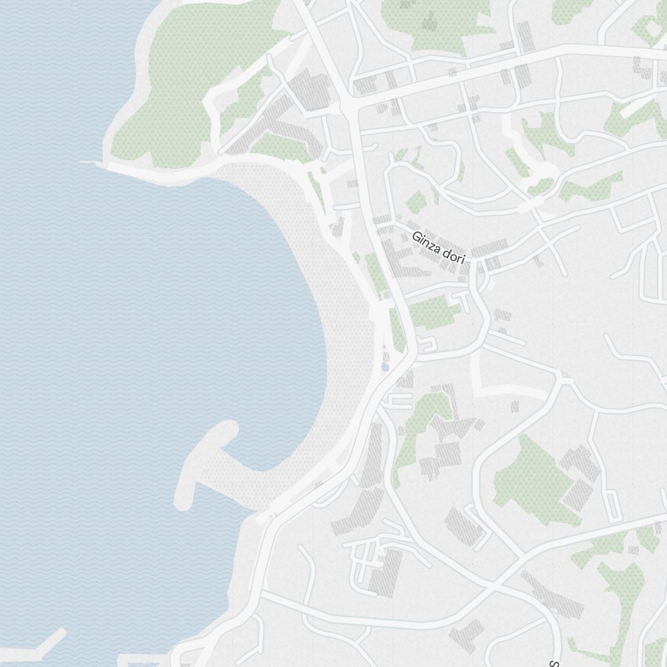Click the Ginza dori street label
(x=438, y=247)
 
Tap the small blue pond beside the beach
(x=385, y=367)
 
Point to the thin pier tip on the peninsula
(x=87, y=161)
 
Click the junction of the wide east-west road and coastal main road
(x=349, y=105)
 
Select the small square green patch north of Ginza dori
(x=416, y=201)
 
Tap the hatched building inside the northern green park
(x=427, y=20)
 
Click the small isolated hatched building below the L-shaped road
(x=515, y=406)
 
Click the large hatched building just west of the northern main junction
(x=312, y=90)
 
